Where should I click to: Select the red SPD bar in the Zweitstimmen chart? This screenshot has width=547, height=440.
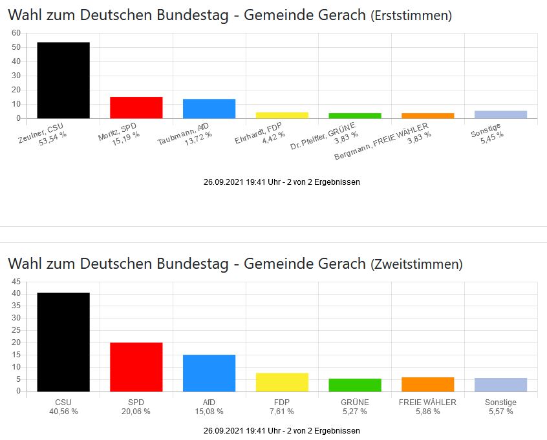click(136, 366)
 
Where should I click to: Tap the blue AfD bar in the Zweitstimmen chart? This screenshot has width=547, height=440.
click(209, 373)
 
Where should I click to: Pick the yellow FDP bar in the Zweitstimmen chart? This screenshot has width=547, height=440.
click(282, 382)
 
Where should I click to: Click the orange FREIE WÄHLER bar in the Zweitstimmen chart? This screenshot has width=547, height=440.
click(427, 384)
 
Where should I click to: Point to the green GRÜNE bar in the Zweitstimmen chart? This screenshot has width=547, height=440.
click(355, 385)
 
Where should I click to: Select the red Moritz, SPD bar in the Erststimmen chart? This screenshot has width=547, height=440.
click(136, 107)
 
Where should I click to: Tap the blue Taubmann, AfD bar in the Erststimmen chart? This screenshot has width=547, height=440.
click(209, 109)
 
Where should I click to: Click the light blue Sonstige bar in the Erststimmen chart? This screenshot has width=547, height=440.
click(500, 115)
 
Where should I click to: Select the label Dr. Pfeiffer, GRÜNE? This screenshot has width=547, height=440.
click(323, 136)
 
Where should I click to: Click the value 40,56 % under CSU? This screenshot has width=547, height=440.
click(63, 411)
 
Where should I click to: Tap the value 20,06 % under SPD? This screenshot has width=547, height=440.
click(136, 411)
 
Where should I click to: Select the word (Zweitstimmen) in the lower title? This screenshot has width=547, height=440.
click(416, 264)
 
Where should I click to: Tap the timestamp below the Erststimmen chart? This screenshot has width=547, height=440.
click(281, 182)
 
